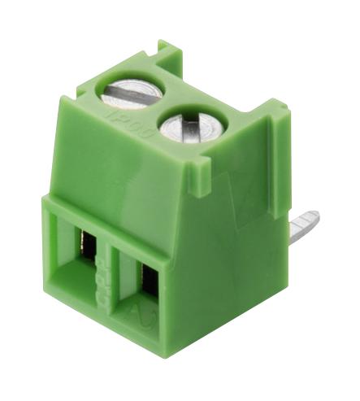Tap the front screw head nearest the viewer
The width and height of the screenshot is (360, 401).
pyautogui.click(x=184, y=128)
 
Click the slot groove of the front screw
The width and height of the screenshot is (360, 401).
pyautogui.click(x=185, y=129)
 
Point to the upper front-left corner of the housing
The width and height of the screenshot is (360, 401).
pyautogui.click(x=46, y=203)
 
